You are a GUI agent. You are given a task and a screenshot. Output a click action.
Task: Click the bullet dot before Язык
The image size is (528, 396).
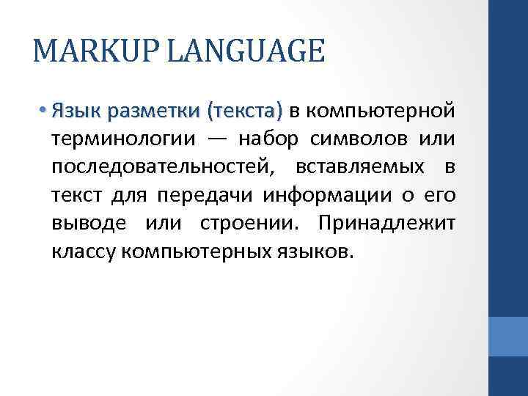[x=44, y=111]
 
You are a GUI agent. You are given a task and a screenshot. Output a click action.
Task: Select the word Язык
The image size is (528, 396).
[x=76, y=111]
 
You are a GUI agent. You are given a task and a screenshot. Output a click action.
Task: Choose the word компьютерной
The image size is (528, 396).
[x=380, y=111]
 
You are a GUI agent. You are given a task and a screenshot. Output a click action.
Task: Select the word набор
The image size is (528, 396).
[x=289, y=139]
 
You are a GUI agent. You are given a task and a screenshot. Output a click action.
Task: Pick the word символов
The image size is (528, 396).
[x=380, y=139]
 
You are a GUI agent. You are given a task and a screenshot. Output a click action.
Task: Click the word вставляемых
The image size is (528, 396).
[x=360, y=167]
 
